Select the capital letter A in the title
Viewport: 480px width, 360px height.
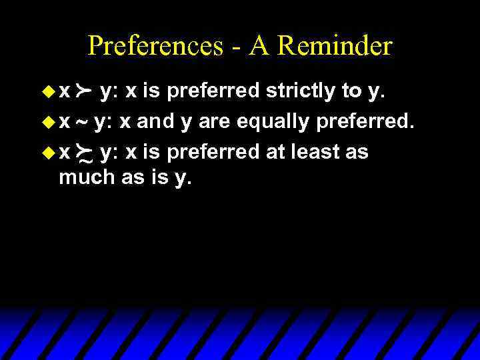[259, 46]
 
